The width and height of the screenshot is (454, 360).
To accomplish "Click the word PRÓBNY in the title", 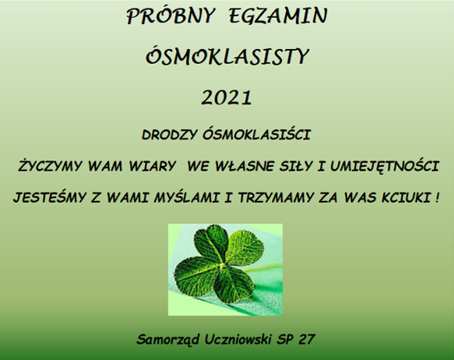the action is click(x=171, y=16).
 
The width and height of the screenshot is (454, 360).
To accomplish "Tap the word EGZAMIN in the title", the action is click(x=278, y=16).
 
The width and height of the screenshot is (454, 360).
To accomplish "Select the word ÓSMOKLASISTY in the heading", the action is click(x=227, y=55).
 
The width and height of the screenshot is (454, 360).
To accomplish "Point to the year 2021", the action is click(x=227, y=97).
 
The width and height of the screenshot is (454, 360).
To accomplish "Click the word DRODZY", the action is click(x=170, y=135).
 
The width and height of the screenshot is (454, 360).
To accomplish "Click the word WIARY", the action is click(x=153, y=166).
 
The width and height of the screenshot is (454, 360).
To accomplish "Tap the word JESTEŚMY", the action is click(x=50, y=197).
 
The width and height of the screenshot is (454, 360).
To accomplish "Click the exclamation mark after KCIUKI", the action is click(x=436, y=197).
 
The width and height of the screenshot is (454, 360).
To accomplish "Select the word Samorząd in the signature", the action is click(x=168, y=339).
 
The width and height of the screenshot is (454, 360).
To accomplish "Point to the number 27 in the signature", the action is click(x=306, y=339).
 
